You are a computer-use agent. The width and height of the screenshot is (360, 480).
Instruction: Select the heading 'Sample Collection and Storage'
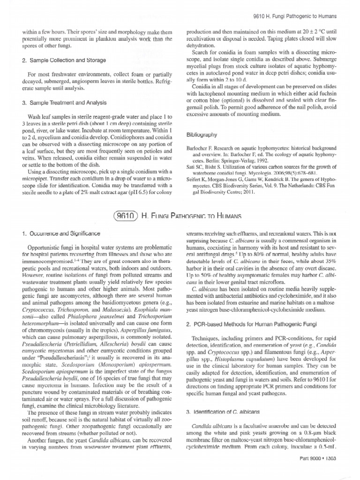pyautogui.click(x=65, y=60)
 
